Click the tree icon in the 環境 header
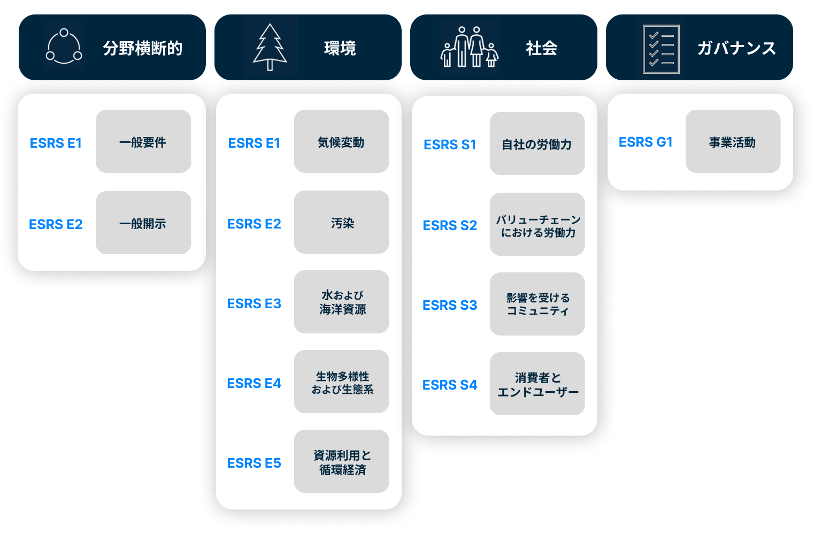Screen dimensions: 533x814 pos(270,48)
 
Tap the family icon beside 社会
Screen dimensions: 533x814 pos(469,48)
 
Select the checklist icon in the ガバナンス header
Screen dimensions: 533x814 pos(661,49)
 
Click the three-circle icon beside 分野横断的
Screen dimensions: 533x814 pos(64,47)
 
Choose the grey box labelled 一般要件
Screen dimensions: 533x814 pos(143,141)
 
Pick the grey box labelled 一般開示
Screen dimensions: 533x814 pos(143,223)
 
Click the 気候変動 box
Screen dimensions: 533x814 pos(341,141)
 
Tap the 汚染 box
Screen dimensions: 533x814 pos(341,222)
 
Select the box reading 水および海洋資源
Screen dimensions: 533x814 pos(341,302)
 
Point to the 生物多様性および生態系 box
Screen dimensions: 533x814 pos(341,382)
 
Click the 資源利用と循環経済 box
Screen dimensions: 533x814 pos(341,461)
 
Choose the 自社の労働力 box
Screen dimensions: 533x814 pos(537,143)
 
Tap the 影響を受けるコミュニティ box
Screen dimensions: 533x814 pos(537,304)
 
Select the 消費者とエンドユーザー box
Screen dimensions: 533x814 pos(537,384)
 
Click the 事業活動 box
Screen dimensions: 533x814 pos(733,141)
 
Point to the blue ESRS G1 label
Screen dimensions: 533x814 pos(646,142)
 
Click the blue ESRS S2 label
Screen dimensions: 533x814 pos(450,225)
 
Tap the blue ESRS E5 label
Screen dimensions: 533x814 pos(254,463)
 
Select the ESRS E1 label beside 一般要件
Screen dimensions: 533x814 pos(56,143)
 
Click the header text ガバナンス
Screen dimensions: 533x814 pos(736,48)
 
